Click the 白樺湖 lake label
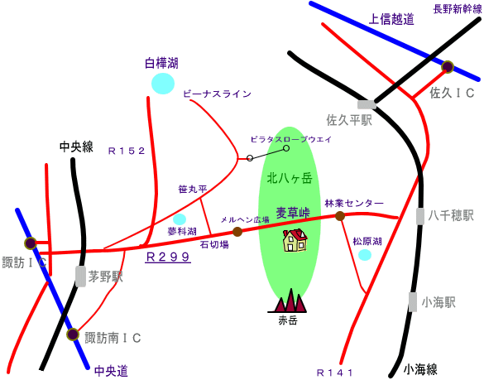click(161, 63)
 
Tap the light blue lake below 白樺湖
click(163, 84)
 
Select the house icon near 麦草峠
click(295, 240)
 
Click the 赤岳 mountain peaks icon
click(287, 301)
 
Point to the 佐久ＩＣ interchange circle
click(448, 67)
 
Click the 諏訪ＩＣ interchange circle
click(31, 243)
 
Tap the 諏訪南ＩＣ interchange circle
click(73, 334)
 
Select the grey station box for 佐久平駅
click(367, 105)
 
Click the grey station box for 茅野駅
click(80, 277)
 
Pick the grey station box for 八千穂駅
click(420, 216)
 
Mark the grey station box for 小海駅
click(413, 302)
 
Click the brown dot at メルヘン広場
click(237, 232)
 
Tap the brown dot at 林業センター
click(340, 216)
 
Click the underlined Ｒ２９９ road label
click(168, 257)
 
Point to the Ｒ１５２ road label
click(127, 151)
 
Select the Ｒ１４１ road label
click(334, 373)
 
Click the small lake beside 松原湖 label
click(365, 255)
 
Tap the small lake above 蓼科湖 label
click(180, 219)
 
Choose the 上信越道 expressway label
click(391, 20)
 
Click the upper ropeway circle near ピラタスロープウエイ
click(286, 148)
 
